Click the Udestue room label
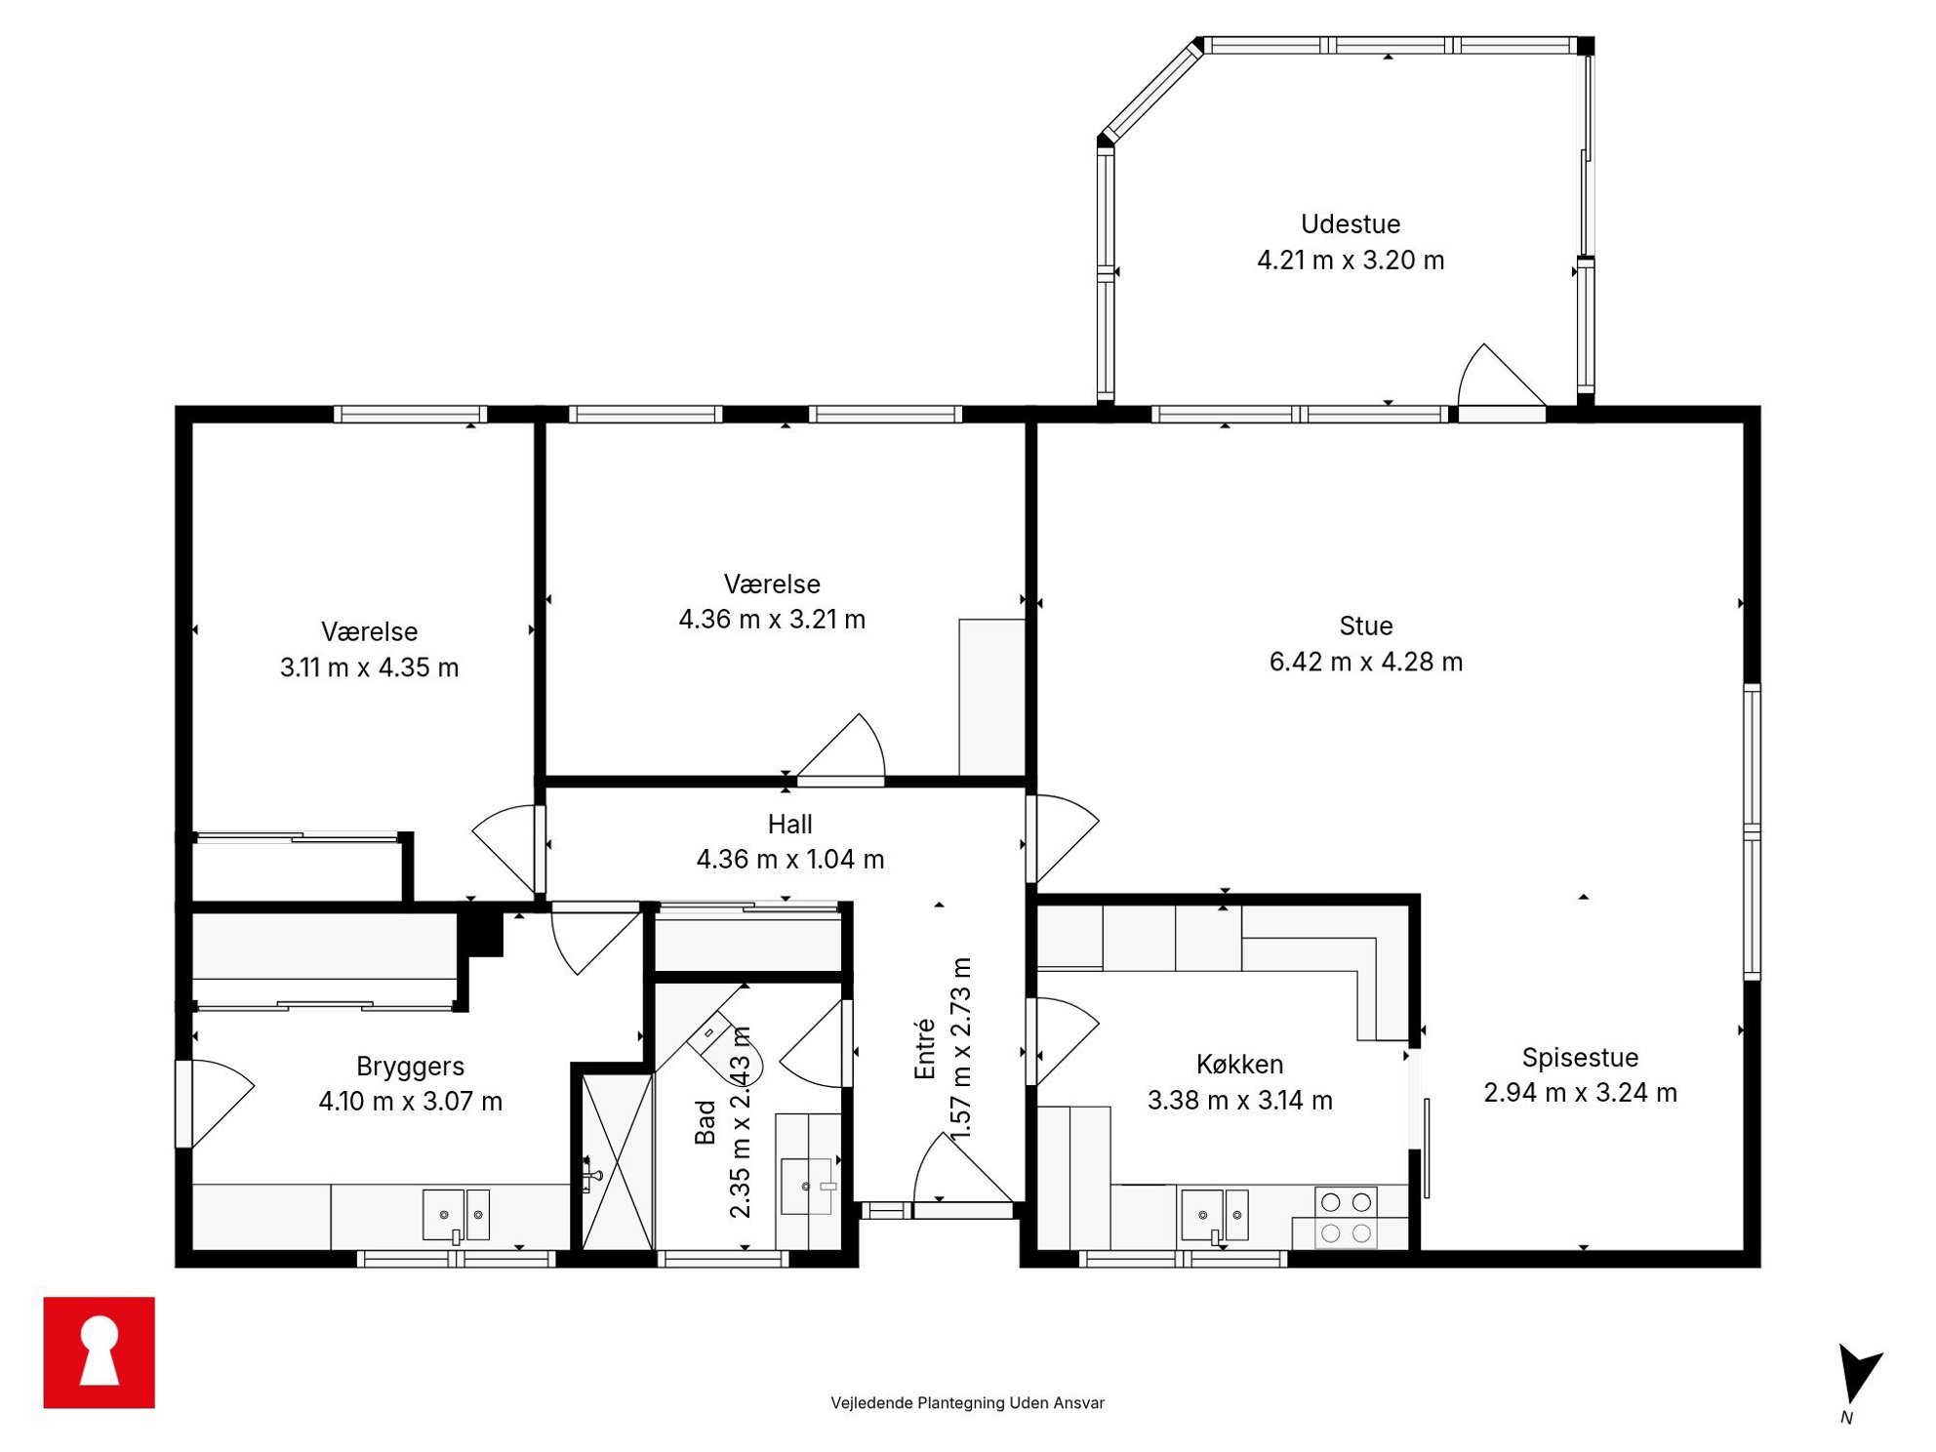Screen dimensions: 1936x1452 click(x=1350, y=224)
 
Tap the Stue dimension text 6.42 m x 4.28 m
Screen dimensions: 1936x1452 click(x=1365, y=662)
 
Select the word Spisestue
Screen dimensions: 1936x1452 click(x=1580, y=1058)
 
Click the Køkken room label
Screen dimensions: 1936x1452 click(x=1239, y=1064)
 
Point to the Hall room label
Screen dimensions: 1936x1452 click(x=789, y=825)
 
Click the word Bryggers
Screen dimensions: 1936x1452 click(x=410, y=1067)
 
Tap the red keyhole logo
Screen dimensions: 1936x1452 click(x=99, y=1352)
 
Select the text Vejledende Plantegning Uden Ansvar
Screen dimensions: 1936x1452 click(x=967, y=1402)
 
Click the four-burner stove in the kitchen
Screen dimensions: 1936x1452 click(x=1346, y=1218)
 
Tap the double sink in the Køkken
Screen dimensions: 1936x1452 click(x=1215, y=1216)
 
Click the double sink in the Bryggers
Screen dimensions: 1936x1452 click(x=456, y=1216)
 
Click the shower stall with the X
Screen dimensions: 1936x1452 click(x=618, y=1161)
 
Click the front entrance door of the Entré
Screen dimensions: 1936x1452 click(x=963, y=1175)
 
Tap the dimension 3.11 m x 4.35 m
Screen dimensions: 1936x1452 click(x=369, y=667)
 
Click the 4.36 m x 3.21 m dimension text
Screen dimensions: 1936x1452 click(x=772, y=620)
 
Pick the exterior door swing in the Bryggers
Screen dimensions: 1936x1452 click(x=217, y=1104)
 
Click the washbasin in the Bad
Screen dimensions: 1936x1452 click(x=808, y=1186)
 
